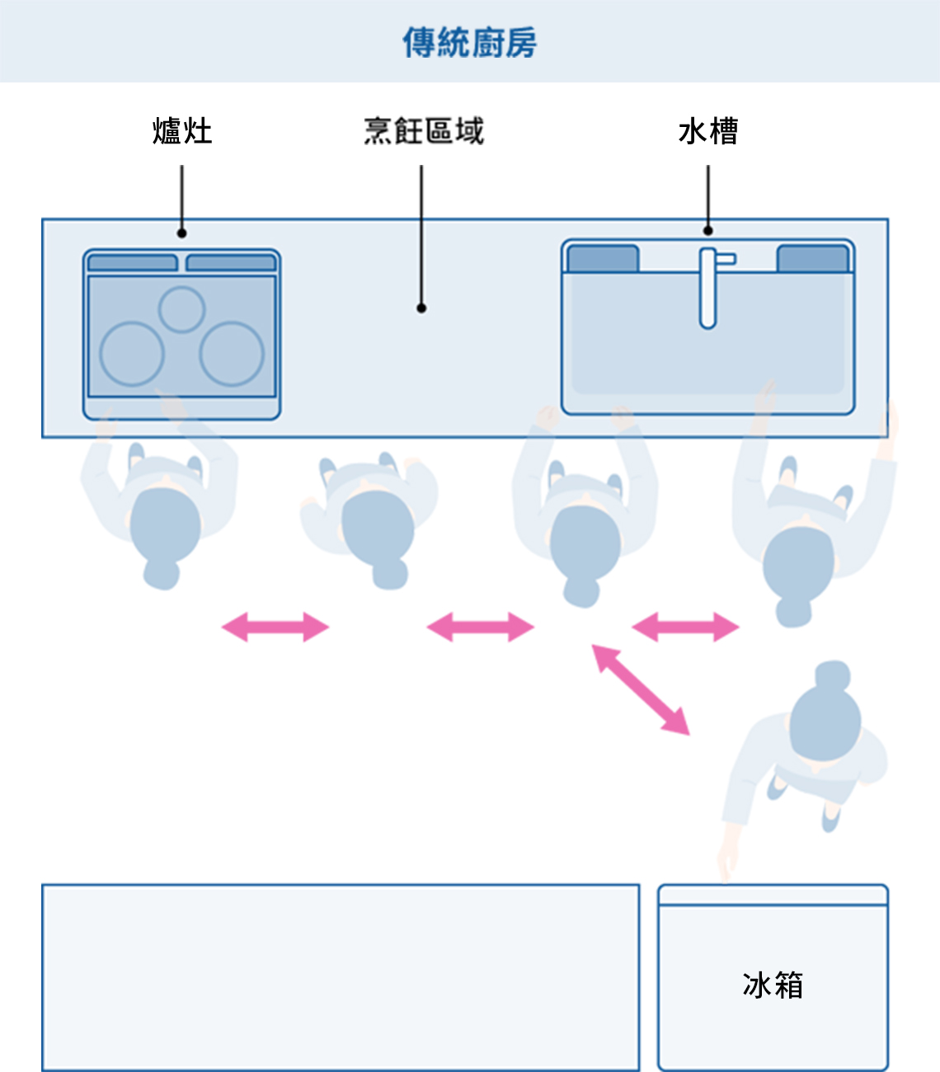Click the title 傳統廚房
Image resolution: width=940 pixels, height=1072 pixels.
coord(469,42)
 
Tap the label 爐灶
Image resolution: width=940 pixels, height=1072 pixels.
coord(182,131)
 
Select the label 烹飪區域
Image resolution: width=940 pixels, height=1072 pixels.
coord(423,131)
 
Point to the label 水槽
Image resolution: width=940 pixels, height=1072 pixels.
coord(707,131)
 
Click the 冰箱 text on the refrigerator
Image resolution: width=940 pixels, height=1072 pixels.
coord(773,985)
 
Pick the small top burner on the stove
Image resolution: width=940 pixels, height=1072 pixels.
coord(181,309)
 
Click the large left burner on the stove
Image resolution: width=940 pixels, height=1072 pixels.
coord(132,354)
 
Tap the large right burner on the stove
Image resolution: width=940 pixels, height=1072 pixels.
coord(232,354)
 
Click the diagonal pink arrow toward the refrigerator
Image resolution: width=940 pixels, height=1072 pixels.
coord(642,689)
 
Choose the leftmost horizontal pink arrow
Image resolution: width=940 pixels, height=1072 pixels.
coord(275,627)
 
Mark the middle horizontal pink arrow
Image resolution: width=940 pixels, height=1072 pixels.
coord(480,627)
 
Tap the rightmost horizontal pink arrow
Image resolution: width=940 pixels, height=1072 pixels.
coord(685,627)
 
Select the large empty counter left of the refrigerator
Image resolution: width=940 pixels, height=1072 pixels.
coord(341,977)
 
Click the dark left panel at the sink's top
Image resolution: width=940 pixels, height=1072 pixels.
coord(603,259)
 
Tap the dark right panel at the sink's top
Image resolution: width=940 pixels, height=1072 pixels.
coord(812,259)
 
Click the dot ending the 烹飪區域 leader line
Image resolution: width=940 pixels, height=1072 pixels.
coord(421,308)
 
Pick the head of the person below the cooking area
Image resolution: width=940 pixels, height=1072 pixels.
coord(378,528)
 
